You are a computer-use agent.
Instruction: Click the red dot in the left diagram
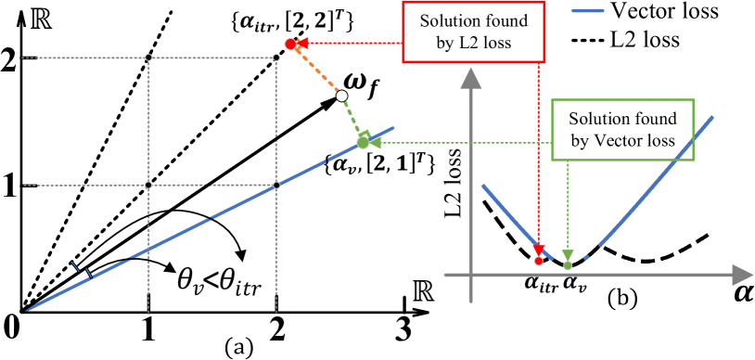[x=290, y=44]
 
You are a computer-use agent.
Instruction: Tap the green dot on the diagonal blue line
[x=363, y=143]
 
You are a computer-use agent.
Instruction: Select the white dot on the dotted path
[x=341, y=96]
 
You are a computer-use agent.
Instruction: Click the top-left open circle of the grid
[x=148, y=58]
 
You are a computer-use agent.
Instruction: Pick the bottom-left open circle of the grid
[x=148, y=185]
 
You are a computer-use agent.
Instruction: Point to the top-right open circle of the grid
[x=276, y=58]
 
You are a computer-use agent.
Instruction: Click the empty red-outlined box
[x=473, y=32]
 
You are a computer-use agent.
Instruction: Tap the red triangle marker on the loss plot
[x=539, y=250]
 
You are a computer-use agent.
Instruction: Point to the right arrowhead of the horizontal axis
[x=742, y=275]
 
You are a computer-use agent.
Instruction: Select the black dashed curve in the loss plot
[x=649, y=258]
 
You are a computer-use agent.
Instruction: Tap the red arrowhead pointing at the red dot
[x=302, y=43]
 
